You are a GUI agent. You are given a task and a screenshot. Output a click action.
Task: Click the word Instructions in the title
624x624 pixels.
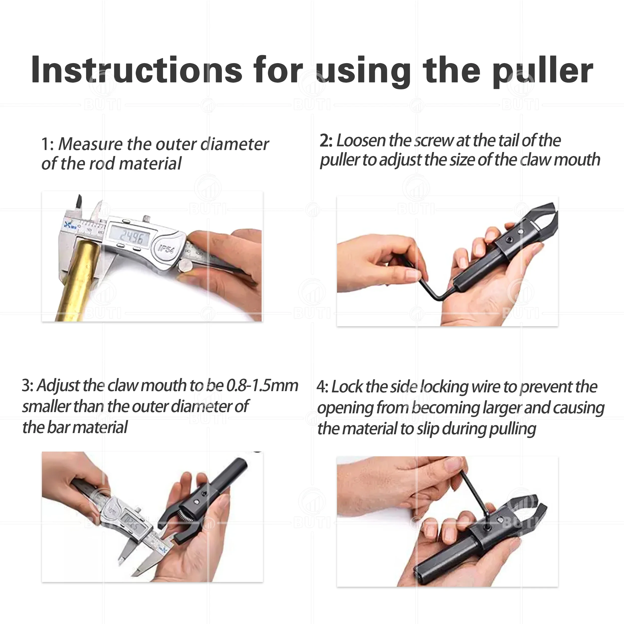[137, 69]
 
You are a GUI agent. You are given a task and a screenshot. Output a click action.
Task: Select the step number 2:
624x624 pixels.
[326, 141]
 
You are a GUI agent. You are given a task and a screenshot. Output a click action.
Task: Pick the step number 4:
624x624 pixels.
[322, 387]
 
